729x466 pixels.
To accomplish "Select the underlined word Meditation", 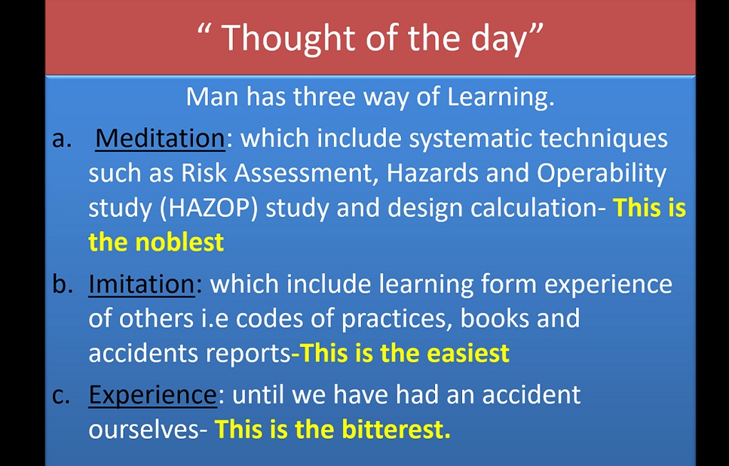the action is point(161,139).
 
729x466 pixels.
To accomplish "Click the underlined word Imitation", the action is point(142,284).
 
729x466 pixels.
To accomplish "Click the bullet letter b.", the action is point(61,284).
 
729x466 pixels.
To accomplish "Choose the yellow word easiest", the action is point(469,354).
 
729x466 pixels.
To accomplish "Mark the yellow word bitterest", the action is point(397,429).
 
